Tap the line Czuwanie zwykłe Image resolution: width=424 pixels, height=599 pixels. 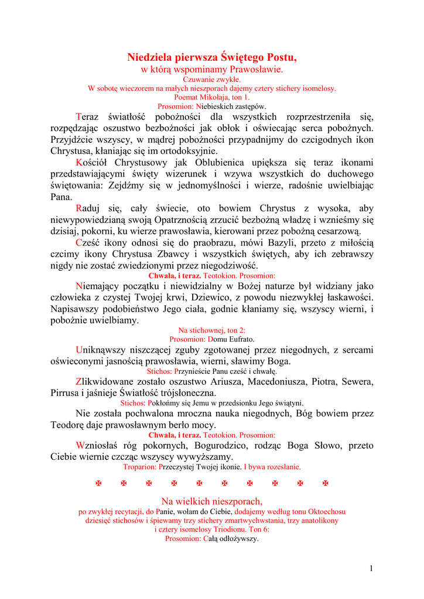click(212, 79)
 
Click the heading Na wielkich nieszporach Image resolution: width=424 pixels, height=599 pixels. click(212, 501)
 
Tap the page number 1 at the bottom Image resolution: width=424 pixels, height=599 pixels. click(371, 568)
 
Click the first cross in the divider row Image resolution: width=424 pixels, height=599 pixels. click(98, 484)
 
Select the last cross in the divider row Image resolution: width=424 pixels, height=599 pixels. click(326, 484)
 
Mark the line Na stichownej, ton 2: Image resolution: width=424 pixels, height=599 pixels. click(212, 331)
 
